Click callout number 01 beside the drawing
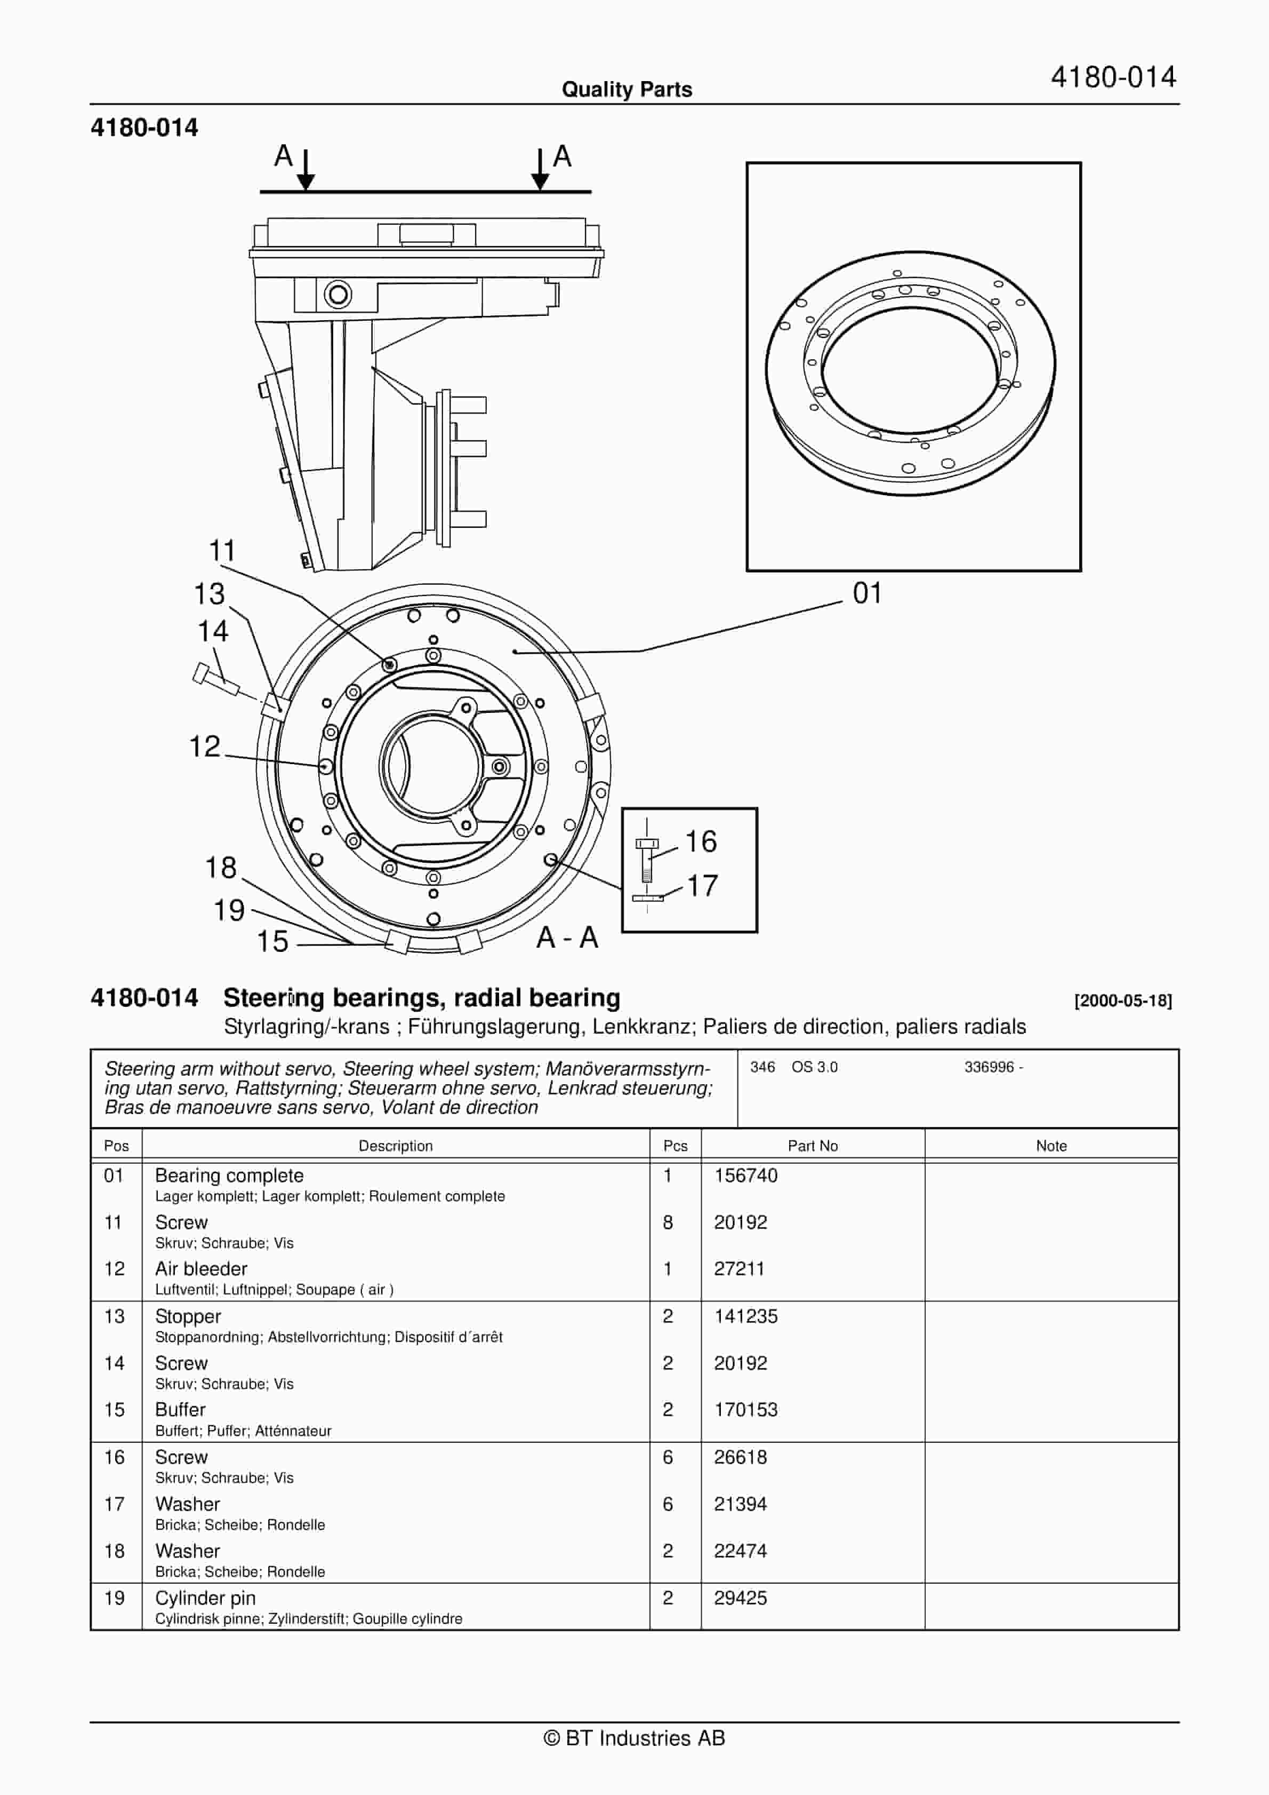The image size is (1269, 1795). click(866, 593)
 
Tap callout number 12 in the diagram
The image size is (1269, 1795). click(205, 746)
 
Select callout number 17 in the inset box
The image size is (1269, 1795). click(702, 886)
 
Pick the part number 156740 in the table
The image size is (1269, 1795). click(745, 1176)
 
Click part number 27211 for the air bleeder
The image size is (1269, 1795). click(738, 1269)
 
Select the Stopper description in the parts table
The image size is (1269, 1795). click(188, 1316)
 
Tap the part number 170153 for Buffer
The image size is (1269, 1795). click(745, 1410)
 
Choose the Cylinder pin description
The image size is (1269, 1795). click(205, 1598)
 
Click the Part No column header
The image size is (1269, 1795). click(812, 1146)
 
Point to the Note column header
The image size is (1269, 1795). click(1051, 1146)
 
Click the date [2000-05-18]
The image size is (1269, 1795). click(1123, 1000)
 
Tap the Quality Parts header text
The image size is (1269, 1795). click(627, 90)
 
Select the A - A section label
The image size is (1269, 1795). click(567, 938)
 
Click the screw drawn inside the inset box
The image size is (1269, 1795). click(647, 859)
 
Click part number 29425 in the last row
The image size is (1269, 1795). click(740, 1598)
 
